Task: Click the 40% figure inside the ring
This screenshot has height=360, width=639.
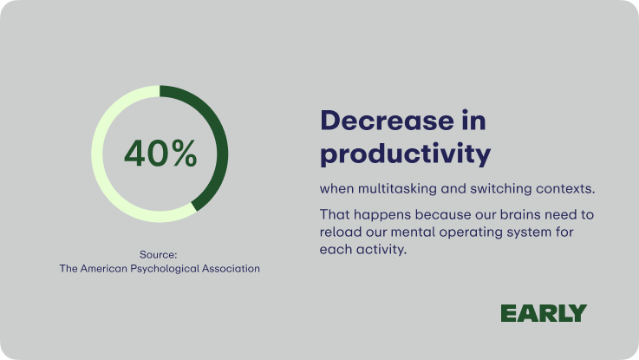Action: tap(160, 154)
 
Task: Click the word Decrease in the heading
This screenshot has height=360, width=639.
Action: tap(387, 121)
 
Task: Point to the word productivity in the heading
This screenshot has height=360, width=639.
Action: tap(406, 154)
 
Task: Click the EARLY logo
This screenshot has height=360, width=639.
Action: tap(544, 313)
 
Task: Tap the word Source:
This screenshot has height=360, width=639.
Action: tap(158, 255)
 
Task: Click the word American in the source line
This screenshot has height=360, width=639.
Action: tap(103, 269)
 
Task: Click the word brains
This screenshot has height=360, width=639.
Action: tap(520, 214)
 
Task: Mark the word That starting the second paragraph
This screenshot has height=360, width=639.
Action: tap(332, 214)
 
